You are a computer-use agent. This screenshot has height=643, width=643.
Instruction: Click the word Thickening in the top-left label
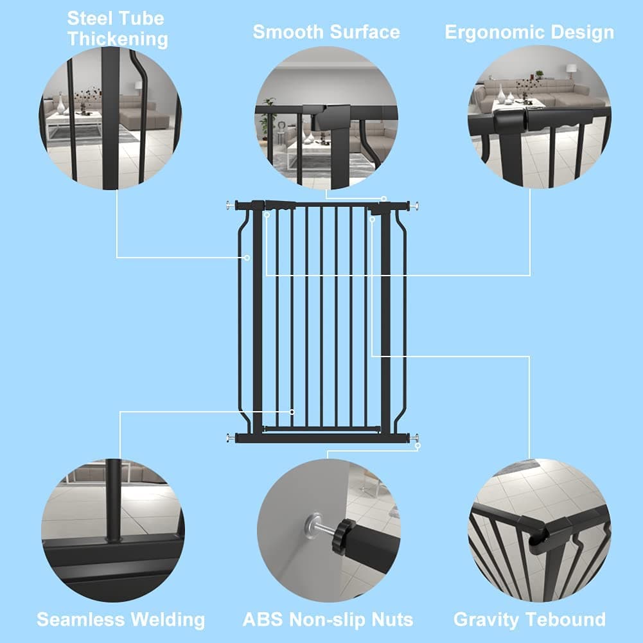118,39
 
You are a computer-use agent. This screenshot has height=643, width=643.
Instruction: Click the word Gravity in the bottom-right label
486,620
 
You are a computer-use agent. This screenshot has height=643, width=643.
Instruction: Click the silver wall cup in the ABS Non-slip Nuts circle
315,521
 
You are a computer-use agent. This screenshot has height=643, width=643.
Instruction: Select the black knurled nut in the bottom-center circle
346,531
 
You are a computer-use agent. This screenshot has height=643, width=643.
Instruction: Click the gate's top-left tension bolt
229,206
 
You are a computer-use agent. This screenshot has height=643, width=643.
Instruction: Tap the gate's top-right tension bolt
416,206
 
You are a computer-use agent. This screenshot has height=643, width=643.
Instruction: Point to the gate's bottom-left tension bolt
229,438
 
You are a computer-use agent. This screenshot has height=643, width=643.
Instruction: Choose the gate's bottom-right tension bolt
416,438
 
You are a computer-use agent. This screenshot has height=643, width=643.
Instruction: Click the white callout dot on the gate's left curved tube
247,258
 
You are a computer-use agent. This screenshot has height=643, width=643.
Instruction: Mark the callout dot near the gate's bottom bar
292,412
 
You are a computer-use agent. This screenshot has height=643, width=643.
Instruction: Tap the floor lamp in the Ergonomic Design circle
571,70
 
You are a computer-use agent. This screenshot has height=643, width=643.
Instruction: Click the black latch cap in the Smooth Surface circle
332,119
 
